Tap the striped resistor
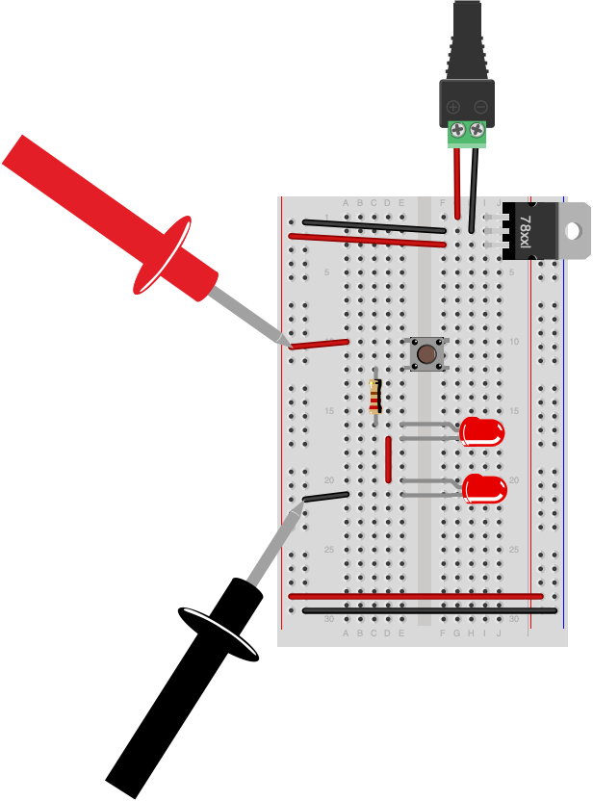coord(375,396)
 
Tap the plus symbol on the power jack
coord(453,107)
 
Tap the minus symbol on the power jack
coord(480,107)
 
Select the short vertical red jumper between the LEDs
coord(389,459)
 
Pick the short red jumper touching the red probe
coord(321,343)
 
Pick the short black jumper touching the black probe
coord(326,497)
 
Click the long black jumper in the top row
coord(366,225)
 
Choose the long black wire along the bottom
coord(428,610)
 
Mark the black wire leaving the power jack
coord(473,188)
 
